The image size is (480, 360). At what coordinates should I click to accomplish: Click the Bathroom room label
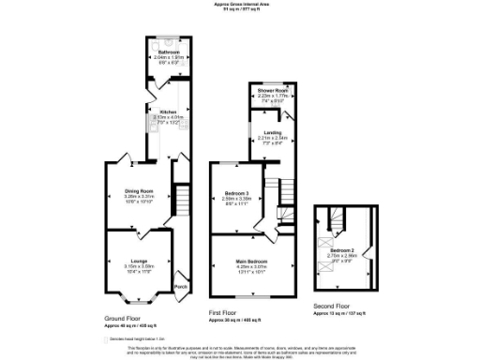pos(168,51)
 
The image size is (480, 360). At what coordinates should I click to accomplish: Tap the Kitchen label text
pos(169,112)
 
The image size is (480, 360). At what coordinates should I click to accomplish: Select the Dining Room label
pos(139,191)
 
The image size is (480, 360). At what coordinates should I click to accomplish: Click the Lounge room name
pos(139,260)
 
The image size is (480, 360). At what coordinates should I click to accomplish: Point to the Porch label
pos(180,285)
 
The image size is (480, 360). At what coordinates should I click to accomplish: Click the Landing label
pos(272,132)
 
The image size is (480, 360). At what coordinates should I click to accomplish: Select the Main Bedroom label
pos(251,260)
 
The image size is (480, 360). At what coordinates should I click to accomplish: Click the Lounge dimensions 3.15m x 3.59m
pos(139,265)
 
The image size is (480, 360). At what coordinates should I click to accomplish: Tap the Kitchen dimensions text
pos(169,117)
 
